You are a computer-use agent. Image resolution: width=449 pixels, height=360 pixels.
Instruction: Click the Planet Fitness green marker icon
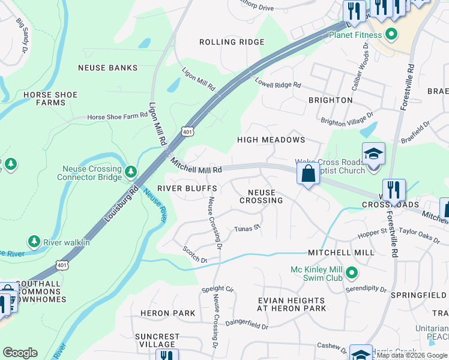click(391, 34)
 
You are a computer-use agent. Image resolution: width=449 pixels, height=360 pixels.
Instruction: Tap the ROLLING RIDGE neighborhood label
click(232, 42)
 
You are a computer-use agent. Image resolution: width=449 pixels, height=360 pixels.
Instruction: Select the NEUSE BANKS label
click(107, 68)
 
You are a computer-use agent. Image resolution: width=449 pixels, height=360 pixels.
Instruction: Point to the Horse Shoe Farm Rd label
click(117, 118)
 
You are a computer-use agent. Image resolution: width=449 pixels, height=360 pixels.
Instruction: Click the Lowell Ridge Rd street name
click(277, 83)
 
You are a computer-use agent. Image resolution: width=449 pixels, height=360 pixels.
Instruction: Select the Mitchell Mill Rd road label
click(196, 166)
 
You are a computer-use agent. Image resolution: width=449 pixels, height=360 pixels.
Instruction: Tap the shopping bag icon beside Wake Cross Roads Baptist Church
click(308, 174)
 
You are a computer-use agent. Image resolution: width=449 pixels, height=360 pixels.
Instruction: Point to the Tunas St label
click(247, 228)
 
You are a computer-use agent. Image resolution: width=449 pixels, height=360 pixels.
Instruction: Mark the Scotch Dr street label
click(195, 255)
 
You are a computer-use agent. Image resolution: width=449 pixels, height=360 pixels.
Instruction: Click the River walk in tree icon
click(34, 241)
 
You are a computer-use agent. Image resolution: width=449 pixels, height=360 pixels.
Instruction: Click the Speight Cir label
click(217, 289)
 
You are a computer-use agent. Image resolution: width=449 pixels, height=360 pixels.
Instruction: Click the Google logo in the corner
click(20, 353)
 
